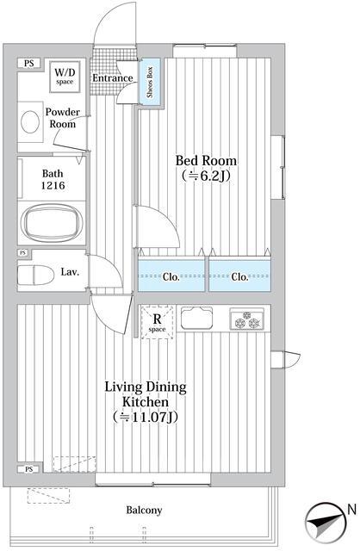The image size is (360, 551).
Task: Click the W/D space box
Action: click(x=65, y=77)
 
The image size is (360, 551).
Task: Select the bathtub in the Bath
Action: click(x=52, y=222)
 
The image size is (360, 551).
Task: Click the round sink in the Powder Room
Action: click(x=29, y=121)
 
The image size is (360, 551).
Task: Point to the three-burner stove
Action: click(x=247, y=319)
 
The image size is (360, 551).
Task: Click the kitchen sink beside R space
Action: click(x=196, y=318)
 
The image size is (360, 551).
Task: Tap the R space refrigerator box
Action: click(x=157, y=322)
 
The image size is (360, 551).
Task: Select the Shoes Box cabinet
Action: click(x=151, y=82)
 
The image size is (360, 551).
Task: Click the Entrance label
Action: click(x=113, y=78)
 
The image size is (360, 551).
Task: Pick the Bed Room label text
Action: click(x=206, y=161)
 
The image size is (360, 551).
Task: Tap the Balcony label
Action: click(x=144, y=510)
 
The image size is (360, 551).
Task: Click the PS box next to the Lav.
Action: click(x=23, y=252)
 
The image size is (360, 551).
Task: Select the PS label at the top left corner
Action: click(x=29, y=64)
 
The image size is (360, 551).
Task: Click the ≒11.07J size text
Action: click(x=146, y=417)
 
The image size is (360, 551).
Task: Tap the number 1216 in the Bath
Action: click(x=53, y=185)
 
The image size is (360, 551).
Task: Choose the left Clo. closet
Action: click(x=171, y=275)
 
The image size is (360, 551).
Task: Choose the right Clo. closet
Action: click(x=239, y=275)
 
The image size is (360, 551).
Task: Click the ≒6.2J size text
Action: click(x=206, y=176)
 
